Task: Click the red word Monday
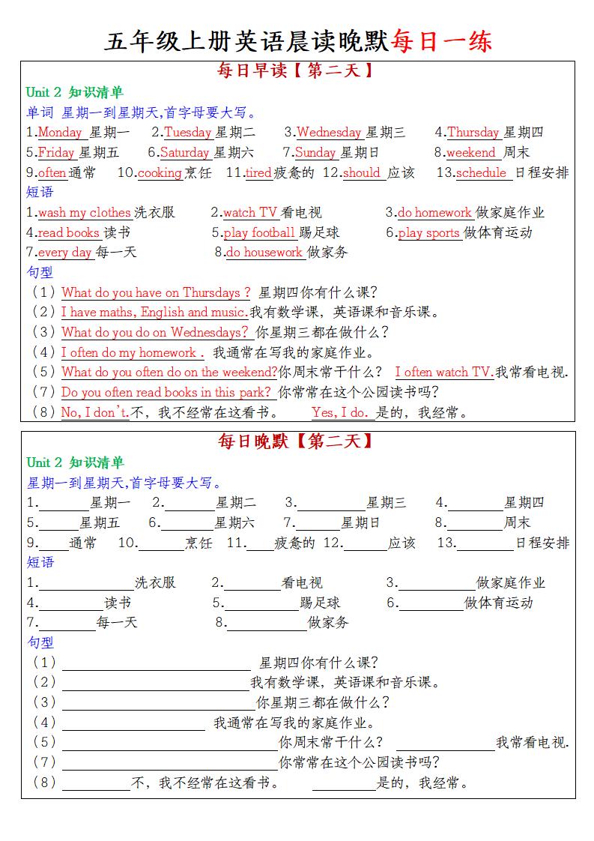(x=60, y=133)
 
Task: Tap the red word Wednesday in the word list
(x=329, y=133)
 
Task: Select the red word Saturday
(x=184, y=153)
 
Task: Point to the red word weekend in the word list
(x=471, y=153)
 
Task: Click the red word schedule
(x=481, y=173)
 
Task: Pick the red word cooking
(x=160, y=173)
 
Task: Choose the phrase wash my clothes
(x=85, y=213)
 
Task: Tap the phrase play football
(x=259, y=233)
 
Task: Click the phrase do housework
(x=264, y=253)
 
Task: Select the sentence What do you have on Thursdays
(x=156, y=292)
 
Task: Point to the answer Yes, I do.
(x=339, y=412)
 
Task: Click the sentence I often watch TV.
(x=443, y=373)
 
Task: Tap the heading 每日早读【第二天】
(x=296, y=72)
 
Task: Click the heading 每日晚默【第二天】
(x=296, y=441)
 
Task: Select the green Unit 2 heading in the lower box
(x=75, y=462)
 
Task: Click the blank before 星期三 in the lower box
(x=331, y=504)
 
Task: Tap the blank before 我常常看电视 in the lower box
(x=445, y=744)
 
